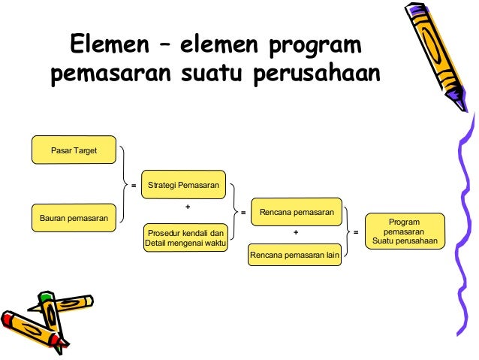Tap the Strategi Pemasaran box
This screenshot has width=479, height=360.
(184, 185)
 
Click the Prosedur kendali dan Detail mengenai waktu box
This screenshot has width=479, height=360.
(186, 238)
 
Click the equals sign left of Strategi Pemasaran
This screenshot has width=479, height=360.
(134, 185)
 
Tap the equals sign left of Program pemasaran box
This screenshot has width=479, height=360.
(356, 232)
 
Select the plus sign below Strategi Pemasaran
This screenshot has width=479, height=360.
(188, 206)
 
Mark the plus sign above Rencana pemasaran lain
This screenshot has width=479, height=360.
(296, 233)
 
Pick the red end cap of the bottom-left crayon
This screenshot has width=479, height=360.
(8, 316)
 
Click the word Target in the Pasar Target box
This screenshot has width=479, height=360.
(83, 150)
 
